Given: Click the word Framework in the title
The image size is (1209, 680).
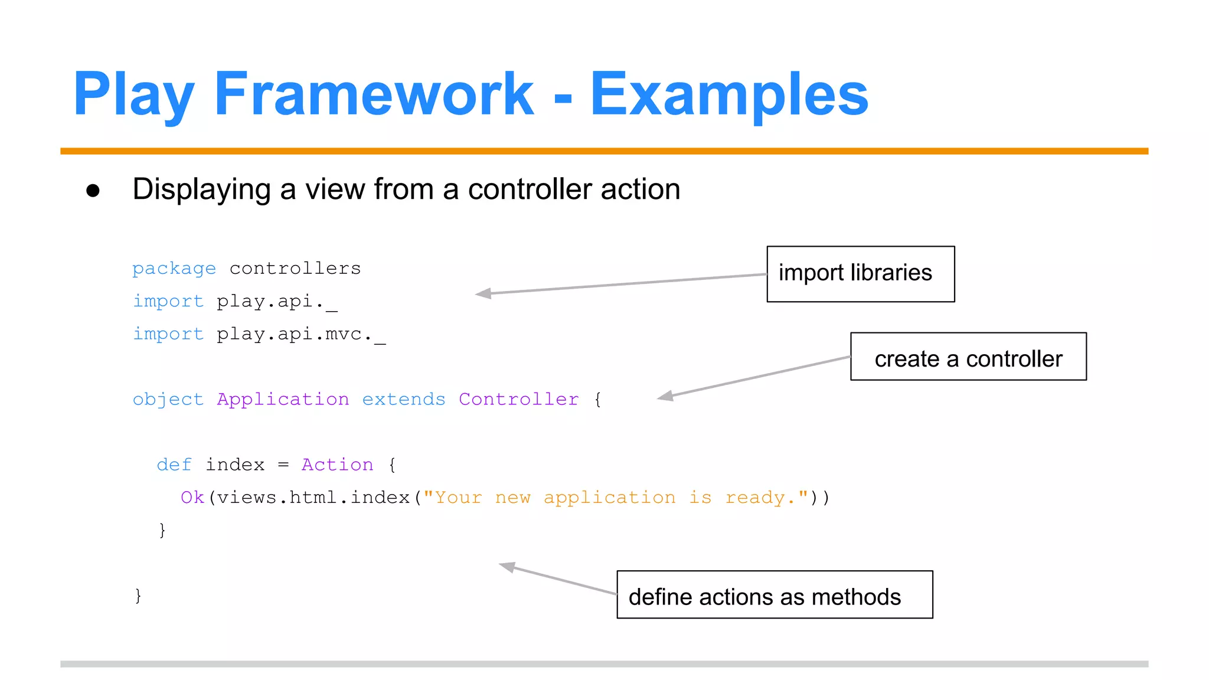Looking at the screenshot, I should click(x=373, y=94).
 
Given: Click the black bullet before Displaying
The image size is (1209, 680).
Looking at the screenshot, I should click(x=93, y=191).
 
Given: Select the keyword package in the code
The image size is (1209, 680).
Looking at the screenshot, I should click(x=174, y=269).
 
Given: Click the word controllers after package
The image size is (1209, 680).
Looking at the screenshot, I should click(x=295, y=269).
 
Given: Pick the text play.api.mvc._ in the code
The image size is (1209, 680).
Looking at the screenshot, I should click(x=300, y=335).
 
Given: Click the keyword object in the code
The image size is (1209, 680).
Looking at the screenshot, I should click(x=168, y=400).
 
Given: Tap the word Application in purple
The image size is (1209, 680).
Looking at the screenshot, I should click(x=283, y=400).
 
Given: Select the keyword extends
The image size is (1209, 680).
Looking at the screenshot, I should click(x=403, y=400).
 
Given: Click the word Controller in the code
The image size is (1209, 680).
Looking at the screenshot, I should click(x=518, y=400).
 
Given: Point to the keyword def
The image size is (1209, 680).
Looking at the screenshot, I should click(x=174, y=465).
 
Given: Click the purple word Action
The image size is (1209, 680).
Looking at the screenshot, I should click(x=337, y=465).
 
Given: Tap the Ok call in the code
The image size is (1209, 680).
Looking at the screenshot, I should click(x=192, y=498).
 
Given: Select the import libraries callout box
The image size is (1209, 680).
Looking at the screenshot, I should click(x=860, y=274).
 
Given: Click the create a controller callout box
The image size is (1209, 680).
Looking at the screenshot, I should click(x=968, y=357).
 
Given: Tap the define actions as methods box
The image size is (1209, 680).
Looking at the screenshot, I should click(x=774, y=594).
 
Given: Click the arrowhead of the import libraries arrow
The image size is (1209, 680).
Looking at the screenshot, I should click(x=482, y=293).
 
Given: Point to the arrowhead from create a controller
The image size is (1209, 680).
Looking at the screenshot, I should click(x=665, y=397).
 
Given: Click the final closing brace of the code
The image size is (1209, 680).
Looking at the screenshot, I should click(x=138, y=596).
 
